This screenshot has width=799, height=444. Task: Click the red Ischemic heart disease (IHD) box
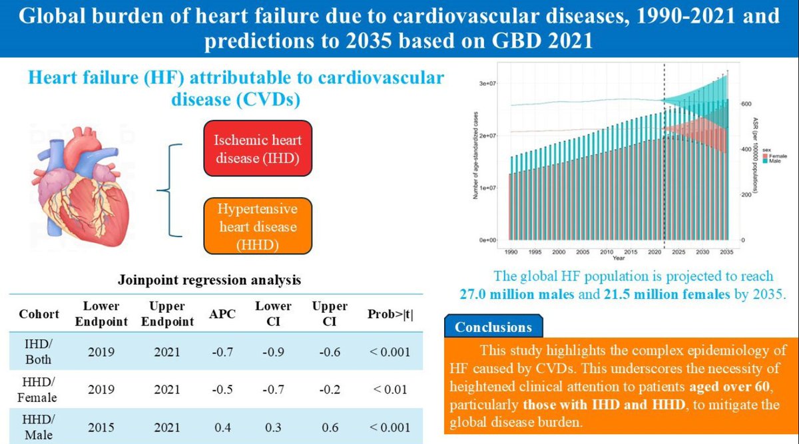(x=257, y=149)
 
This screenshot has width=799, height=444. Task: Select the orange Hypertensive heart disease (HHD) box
(x=257, y=226)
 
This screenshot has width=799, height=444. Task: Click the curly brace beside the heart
(x=174, y=189)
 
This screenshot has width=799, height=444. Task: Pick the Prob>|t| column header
(x=390, y=314)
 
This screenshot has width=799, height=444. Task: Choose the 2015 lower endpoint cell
(x=101, y=426)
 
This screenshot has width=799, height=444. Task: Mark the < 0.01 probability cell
(x=390, y=389)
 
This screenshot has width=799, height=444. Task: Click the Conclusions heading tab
(x=493, y=327)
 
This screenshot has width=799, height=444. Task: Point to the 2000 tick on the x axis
(x=558, y=253)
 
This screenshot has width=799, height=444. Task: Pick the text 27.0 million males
(x=517, y=294)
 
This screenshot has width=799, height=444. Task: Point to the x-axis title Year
(x=619, y=258)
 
